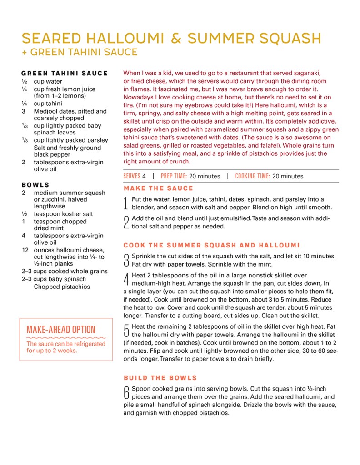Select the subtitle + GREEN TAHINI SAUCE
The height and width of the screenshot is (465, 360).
pos(80,52)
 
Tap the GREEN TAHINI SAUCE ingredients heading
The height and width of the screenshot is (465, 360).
pos(65,73)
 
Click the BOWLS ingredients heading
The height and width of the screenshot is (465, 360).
pos(35,185)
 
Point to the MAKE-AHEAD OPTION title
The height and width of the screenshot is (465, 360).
pos(61,330)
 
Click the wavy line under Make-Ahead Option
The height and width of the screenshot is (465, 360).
pos(65,338)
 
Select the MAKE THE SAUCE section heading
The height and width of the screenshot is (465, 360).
pos(158,188)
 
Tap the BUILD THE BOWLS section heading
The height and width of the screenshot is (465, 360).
pos(160,378)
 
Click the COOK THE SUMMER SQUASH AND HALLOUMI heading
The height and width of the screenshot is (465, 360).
pos(212,245)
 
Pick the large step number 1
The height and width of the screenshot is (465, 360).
pos(126,203)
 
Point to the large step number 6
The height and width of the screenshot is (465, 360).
pos(126,393)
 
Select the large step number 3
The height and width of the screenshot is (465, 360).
pos(126,261)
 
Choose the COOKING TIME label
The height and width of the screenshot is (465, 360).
pos(253,176)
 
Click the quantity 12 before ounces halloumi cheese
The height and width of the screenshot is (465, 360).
pos(25,250)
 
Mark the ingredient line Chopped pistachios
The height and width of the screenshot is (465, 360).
pos(62,287)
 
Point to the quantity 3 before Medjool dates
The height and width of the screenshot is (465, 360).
pos(23,111)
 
